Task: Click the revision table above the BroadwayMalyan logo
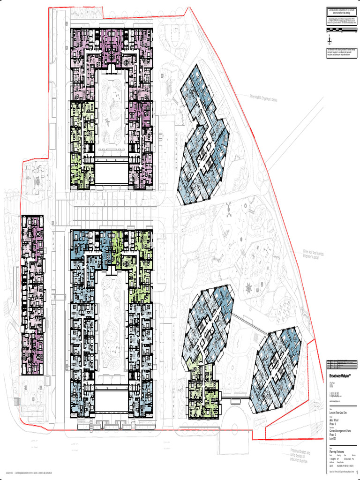click(342, 364)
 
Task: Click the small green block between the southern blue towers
click(203, 391)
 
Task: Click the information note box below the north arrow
click(342, 53)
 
